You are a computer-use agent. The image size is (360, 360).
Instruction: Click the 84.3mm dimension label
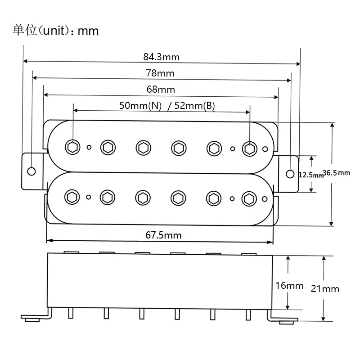tap(161, 57)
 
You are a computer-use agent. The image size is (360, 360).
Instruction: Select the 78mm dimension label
tap(160, 73)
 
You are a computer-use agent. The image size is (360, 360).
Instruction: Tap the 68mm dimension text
tap(161, 89)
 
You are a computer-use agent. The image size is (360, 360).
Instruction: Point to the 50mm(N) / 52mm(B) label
tap(167, 106)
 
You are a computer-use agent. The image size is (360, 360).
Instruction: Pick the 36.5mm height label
tap(337, 173)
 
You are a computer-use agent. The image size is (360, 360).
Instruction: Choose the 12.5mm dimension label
tap(311, 175)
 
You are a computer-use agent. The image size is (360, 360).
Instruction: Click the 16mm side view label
tap(289, 285)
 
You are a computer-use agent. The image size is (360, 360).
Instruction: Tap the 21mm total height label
tap(325, 288)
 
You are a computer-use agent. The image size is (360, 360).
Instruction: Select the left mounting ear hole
tap(31, 171)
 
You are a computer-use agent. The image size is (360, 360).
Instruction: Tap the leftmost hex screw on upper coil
tap(72, 146)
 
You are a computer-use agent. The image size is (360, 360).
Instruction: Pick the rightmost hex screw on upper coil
tap(249, 148)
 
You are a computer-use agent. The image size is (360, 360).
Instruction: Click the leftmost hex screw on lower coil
tap(72, 197)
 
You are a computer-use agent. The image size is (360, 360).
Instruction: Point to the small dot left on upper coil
tap(89, 147)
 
